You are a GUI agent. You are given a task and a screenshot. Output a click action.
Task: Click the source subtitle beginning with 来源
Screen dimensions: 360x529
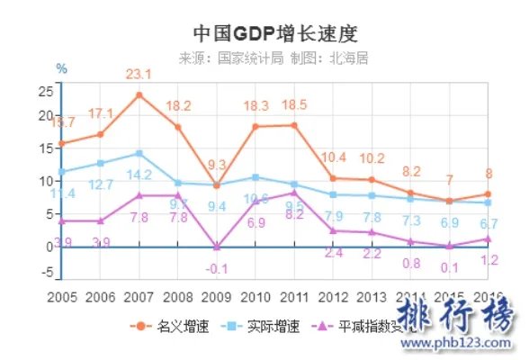pos(273,58)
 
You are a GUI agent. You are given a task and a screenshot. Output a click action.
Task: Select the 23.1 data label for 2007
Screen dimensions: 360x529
pos(139,75)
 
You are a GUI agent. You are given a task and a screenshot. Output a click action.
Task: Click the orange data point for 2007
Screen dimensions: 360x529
pos(139,94)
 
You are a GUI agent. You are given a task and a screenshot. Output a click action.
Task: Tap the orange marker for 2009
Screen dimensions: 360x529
pos(217,185)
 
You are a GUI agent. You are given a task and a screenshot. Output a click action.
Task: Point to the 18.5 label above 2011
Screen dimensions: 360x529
pos(294,105)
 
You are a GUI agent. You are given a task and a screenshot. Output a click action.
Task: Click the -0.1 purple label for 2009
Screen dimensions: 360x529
pos(217,268)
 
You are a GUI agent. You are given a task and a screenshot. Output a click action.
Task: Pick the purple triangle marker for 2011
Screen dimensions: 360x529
pos(294,193)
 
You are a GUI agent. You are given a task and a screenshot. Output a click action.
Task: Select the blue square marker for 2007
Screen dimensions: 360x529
pos(139,153)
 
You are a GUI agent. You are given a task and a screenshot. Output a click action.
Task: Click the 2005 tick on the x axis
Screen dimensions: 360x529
pos(61,297)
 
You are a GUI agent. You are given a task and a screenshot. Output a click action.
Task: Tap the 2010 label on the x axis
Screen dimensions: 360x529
pos(256,297)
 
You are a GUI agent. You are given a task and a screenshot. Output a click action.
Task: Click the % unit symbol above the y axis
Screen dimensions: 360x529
pos(61,68)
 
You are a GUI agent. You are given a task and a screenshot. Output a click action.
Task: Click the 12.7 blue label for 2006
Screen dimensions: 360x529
pos(100,184)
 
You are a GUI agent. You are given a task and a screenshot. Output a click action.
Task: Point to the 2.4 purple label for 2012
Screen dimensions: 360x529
pos(334,253)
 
